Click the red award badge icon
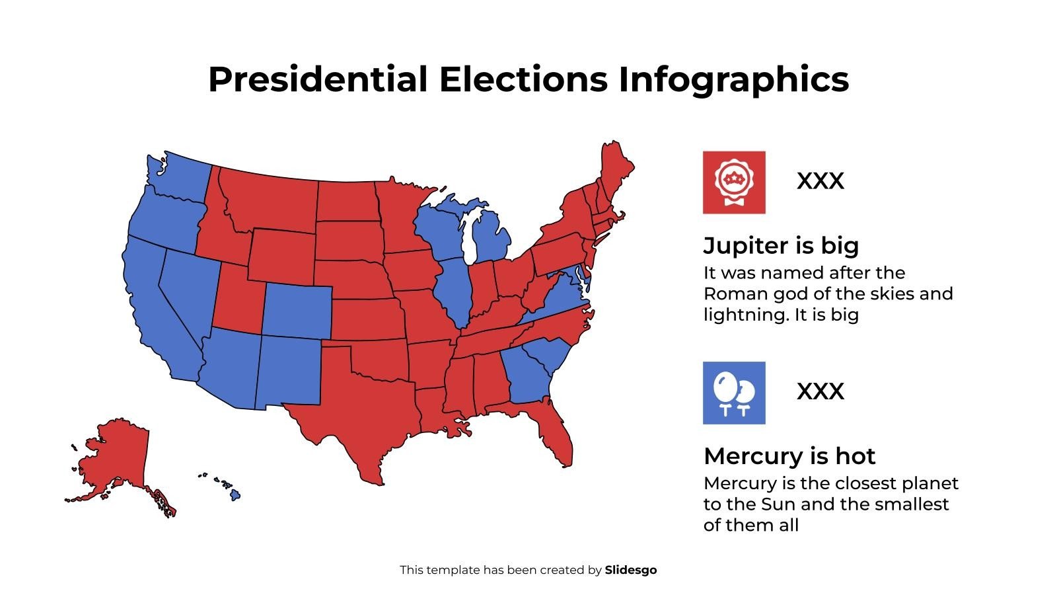click(733, 182)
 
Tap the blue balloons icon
click(733, 393)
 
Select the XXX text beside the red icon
click(820, 181)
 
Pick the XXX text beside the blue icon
click(820, 391)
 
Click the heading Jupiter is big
click(781, 245)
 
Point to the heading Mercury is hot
click(789, 456)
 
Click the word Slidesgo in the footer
click(630, 570)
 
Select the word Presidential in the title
click(318, 79)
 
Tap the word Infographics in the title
click(733, 79)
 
